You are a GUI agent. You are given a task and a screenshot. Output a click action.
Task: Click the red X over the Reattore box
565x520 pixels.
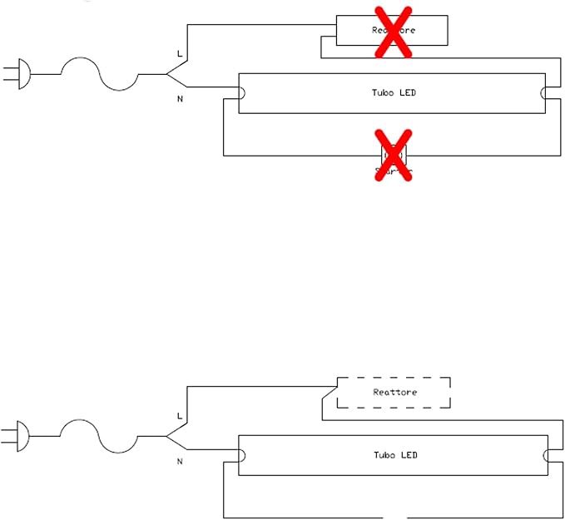(x=393, y=32)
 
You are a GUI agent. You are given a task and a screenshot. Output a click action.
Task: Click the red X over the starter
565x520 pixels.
(x=393, y=155)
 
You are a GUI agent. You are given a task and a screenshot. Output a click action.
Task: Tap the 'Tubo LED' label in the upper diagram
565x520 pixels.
(x=393, y=92)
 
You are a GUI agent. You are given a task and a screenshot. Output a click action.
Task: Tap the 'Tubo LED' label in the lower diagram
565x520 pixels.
(x=394, y=455)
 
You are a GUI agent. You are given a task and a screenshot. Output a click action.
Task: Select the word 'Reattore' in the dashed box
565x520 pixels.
(x=394, y=392)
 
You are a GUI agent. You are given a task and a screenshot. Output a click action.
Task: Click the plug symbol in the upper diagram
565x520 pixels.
(x=21, y=73)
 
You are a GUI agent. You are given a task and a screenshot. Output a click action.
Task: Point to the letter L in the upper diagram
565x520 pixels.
(x=179, y=54)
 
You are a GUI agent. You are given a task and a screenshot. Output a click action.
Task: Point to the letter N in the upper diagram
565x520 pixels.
(x=180, y=99)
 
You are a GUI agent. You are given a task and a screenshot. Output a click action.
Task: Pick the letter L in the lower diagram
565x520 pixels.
(x=179, y=415)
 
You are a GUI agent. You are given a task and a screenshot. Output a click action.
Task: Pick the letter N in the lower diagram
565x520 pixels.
(x=180, y=460)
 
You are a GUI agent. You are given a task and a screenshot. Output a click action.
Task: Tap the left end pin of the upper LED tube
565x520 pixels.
(x=241, y=92)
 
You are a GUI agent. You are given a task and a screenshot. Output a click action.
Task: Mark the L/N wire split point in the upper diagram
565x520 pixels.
(x=166, y=74)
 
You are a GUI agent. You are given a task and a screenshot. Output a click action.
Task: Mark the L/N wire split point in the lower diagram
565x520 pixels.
(x=166, y=435)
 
